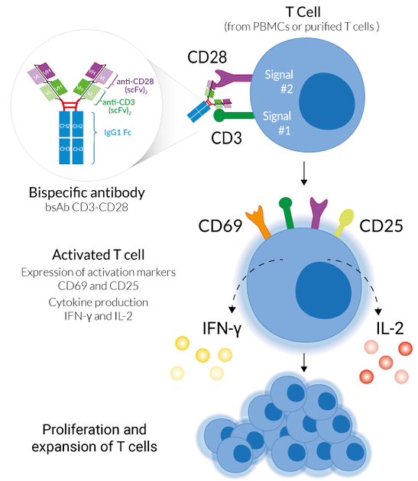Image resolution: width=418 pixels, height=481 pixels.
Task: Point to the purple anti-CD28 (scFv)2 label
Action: [x=132, y=85]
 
